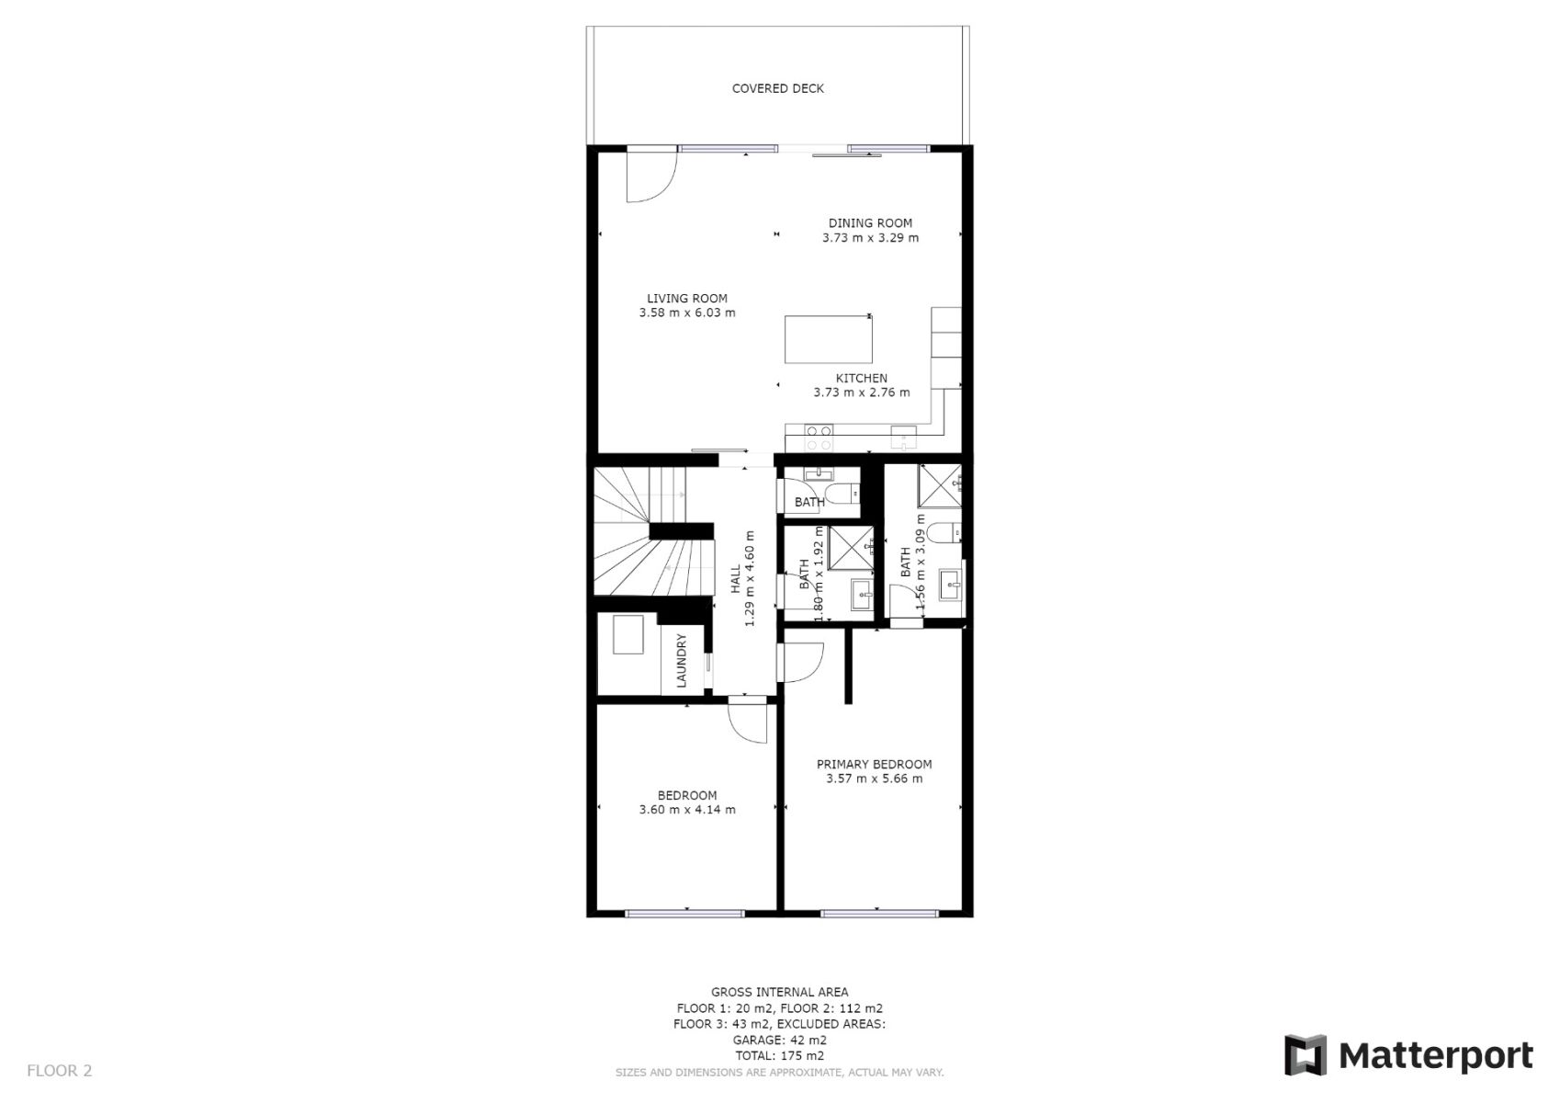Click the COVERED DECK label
(777, 88)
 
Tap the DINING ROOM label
(870, 223)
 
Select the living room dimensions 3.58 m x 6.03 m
(686, 313)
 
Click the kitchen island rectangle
(828, 339)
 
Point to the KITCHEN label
(862, 378)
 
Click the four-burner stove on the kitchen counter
(819, 438)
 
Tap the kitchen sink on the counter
(903, 437)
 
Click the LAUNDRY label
(681, 660)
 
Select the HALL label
(735, 579)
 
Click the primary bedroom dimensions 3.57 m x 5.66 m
(874, 779)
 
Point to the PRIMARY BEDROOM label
(874, 764)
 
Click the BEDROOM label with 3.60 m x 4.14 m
(686, 795)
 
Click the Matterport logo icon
(1305, 1055)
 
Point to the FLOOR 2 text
(59, 1070)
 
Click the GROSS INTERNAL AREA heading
(779, 992)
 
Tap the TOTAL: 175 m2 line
(779, 1055)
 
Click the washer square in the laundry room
(627, 634)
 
